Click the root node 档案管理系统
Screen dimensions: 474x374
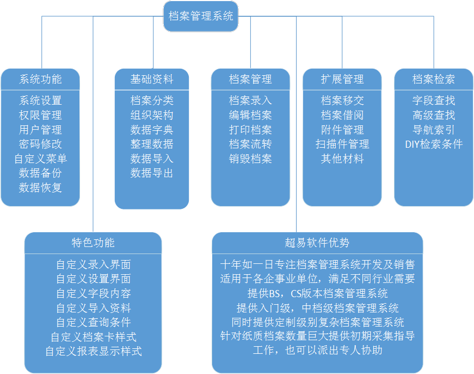[x=201, y=16]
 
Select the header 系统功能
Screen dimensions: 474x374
[x=40, y=80]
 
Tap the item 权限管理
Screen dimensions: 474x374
[x=40, y=115]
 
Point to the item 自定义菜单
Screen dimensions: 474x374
[x=40, y=159]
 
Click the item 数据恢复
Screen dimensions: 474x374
[x=40, y=188]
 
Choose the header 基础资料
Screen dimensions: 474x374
[x=152, y=80]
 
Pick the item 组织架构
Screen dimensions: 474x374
[x=152, y=115]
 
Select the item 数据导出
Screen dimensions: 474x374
[x=152, y=173]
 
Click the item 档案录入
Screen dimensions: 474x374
[x=250, y=100]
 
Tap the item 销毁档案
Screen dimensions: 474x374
[x=250, y=159]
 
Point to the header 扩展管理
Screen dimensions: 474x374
[x=342, y=80]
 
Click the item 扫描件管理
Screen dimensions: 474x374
[x=342, y=144]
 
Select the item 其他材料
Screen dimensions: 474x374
[x=342, y=159]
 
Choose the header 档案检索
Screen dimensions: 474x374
[x=434, y=80]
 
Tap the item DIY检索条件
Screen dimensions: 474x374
[x=434, y=144]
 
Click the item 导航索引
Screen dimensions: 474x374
[x=434, y=130]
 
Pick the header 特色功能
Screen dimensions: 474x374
[x=93, y=243]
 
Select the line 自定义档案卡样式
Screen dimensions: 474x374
[x=94, y=337]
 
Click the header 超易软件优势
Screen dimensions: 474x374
[x=317, y=243]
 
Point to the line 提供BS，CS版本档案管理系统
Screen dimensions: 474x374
[x=317, y=293]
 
